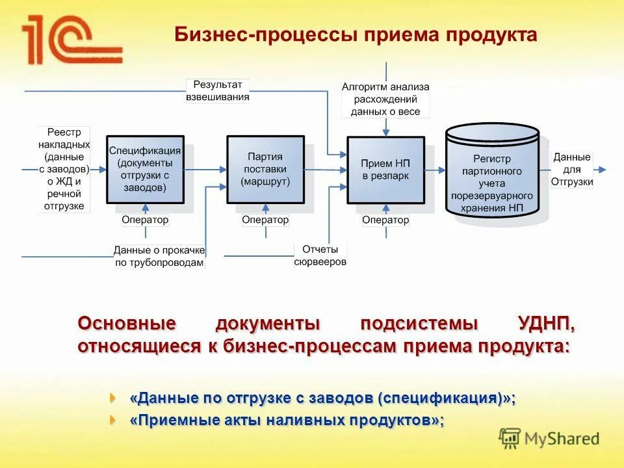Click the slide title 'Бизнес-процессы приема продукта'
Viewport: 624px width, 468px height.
pos(356,35)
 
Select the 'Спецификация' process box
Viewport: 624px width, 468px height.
pos(145,169)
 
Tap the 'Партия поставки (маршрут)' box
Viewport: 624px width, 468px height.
pos(265,169)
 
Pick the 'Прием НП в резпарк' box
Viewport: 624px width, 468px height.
pos(385,169)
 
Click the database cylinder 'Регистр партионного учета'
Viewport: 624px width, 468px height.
pos(492,172)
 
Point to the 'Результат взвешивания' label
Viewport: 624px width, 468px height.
pos(218,90)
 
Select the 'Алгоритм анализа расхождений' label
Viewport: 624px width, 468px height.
pos(385,99)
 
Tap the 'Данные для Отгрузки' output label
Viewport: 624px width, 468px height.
pos(572,170)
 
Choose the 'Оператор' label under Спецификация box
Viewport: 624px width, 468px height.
pos(145,220)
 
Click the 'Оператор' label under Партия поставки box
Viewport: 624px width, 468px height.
pos(265,220)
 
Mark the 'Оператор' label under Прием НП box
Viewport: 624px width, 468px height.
pos(385,220)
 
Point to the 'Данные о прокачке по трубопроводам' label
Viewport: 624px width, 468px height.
pos(159,256)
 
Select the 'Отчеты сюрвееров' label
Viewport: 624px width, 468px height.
pos(320,255)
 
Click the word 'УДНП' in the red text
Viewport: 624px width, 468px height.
pos(546,323)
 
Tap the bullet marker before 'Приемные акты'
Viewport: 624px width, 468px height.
pos(114,419)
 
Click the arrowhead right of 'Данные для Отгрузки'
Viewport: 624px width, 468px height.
pos(603,170)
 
